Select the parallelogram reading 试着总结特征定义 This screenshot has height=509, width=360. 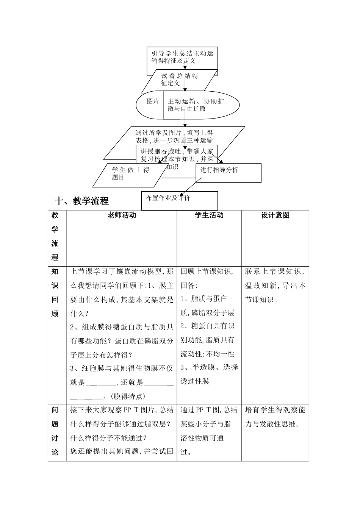point(180,80)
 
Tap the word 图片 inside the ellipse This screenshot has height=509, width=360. point(153,101)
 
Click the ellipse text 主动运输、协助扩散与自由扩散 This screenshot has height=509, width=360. point(196,105)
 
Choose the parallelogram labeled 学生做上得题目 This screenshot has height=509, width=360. point(131,173)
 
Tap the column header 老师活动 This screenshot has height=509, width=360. point(122,215)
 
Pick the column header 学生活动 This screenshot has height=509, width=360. point(209,215)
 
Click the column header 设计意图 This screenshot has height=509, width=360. point(275,215)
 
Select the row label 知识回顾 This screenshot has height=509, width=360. point(55,293)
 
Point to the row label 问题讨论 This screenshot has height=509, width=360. point(55,431)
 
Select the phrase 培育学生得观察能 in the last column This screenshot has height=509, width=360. point(275,410)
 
